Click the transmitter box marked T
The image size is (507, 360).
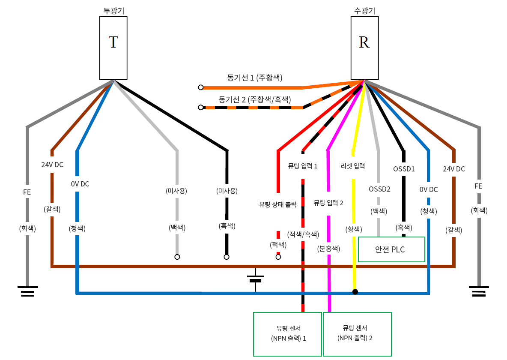pyautogui.click(x=113, y=48)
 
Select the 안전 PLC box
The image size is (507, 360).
pyautogui.click(x=391, y=249)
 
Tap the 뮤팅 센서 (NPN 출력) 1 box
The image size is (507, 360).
pyautogui.click(x=287, y=334)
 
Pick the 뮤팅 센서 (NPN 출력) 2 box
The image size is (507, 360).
pyautogui.click(x=357, y=334)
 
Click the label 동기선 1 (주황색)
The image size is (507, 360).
pyautogui.click(x=255, y=78)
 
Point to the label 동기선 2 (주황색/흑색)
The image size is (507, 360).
pyautogui.click(x=255, y=99)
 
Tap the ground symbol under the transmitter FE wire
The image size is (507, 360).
pyautogui.click(x=27, y=291)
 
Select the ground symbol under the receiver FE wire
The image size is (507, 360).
pyautogui.click(x=479, y=291)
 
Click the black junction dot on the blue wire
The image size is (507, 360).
pyautogui.click(x=355, y=292)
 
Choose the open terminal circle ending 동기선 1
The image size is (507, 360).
pyautogui.click(x=200, y=87)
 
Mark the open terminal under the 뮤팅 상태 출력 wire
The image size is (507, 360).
pyautogui.click(x=278, y=257)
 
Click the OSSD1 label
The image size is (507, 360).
pyautogui.click(x=404, y=169)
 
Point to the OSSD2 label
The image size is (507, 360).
pyautogui.click(x=379, y=189)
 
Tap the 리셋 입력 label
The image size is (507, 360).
pyautogui.click(x=353, y=166)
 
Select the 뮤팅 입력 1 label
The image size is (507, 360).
pyautogui.click(x=303, y=166)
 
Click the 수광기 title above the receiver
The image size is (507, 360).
pyautogui.click(x=364, y=11)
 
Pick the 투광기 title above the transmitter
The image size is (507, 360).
pyautogui.click(x=113, y=11)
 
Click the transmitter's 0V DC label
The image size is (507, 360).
pyautogui.click(x=80, y=184)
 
